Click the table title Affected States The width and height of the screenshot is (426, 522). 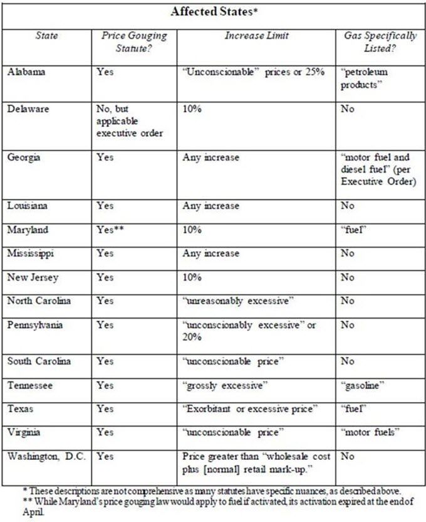(x=213, y=12)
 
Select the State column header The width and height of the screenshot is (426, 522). (x=48, y=36)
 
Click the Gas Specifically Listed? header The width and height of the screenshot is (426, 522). (x=380, y=42)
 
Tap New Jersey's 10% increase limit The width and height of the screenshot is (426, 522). (x=192, y=277)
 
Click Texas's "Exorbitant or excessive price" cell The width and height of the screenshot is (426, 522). (x=251, y=408)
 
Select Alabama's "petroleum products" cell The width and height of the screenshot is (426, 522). (x=369, y=78)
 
